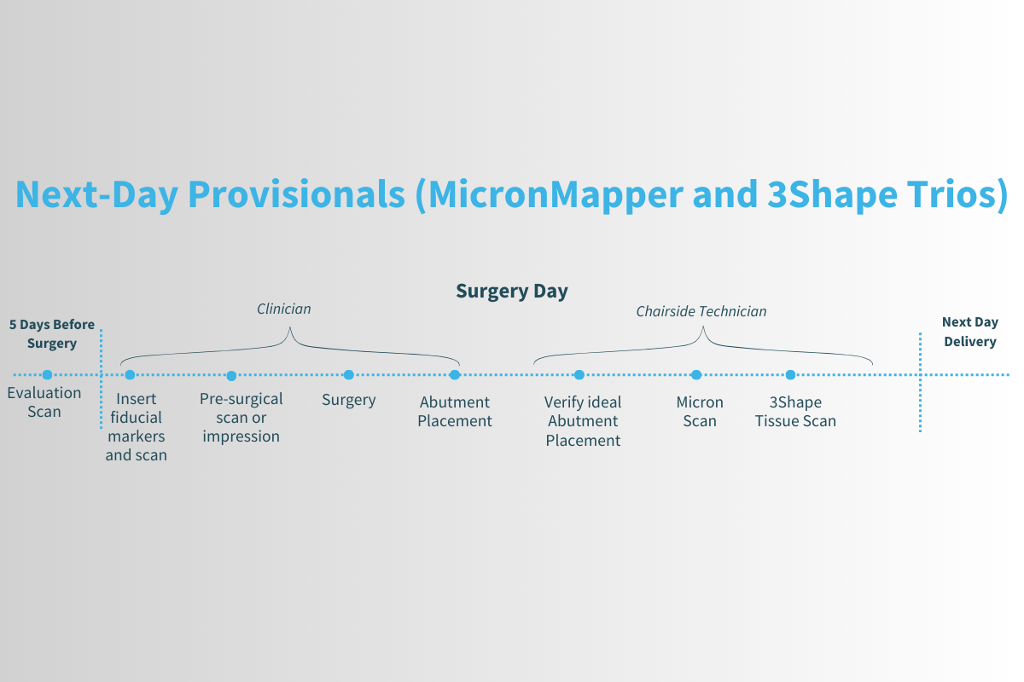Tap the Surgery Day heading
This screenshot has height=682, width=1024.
[x=512, y=291]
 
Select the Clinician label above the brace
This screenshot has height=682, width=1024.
[x=284, y=309]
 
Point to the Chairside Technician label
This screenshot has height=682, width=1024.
[x=701, y=311]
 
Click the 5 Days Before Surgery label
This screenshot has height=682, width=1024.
[x=52, y=334]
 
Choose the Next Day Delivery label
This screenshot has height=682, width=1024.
[x=969, y=332]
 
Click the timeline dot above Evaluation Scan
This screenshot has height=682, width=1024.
[x=48, y=374]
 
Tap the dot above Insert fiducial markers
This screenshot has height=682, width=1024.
[x=130, y=374]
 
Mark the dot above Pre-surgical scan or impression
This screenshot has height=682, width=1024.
[x=231, y=375]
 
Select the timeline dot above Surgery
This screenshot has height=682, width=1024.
[x=348, y=374]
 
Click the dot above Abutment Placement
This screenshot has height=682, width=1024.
[x=455, y=374]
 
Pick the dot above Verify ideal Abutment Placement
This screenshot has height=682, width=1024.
[x=579, y=374]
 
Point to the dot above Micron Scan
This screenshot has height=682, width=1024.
[x=696, y=374]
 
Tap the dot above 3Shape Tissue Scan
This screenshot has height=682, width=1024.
[x=791, y=374]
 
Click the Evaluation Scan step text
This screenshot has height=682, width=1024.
[x=44, y=402]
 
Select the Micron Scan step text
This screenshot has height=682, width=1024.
[x=700, y=412]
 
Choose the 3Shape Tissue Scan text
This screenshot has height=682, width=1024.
[x=795, y=412]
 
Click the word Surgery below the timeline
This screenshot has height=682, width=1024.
[x=348, y=400]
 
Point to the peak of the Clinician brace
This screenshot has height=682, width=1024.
[x=290, y=329]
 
